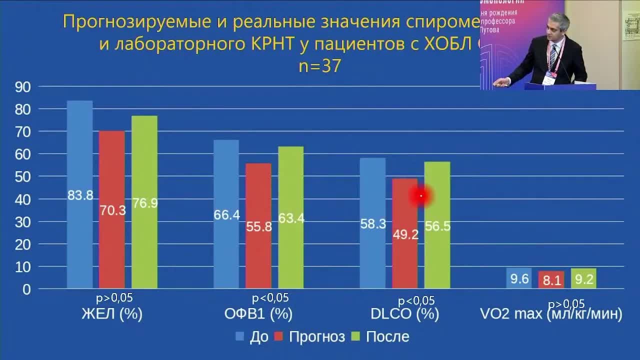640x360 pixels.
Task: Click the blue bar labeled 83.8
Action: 80,194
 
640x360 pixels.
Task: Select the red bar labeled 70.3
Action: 112,209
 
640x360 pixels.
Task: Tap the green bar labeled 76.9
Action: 144,202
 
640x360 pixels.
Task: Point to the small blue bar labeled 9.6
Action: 519,278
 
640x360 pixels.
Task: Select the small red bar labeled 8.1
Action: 551,280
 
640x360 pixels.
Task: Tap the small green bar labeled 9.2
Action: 583,278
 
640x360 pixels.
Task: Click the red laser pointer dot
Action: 421,196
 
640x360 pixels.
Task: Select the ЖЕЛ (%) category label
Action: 112,314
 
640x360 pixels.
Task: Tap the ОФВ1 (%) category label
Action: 258,314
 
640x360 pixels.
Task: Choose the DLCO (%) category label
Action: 405,314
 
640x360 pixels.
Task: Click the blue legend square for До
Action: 240,336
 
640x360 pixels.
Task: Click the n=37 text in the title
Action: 320,66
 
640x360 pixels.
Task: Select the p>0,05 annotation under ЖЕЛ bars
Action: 114,298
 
